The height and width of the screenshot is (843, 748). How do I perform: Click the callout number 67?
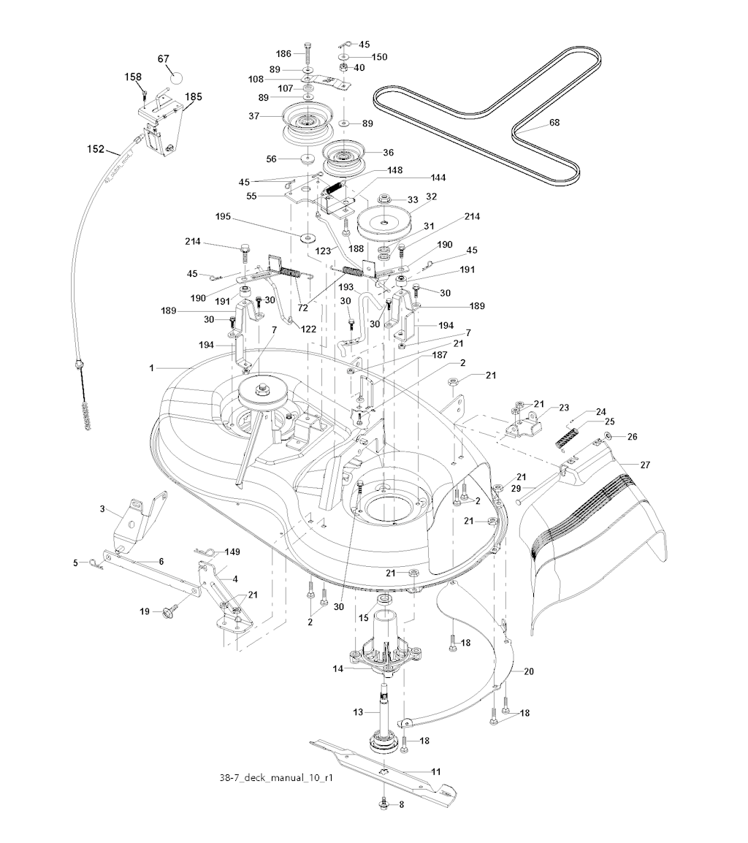pos(163,58)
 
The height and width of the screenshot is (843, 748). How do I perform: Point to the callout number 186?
pos(283,54)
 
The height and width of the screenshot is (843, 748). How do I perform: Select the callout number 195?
pos(224,217)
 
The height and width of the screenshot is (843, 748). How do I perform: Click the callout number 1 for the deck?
pos(152,368)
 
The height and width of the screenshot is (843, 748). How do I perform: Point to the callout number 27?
pos(645,465)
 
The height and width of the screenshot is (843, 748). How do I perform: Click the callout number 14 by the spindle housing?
pos(337,668)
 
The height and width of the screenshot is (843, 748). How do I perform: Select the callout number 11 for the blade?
pos(436,771)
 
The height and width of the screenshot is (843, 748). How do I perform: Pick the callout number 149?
pos(232,552)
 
